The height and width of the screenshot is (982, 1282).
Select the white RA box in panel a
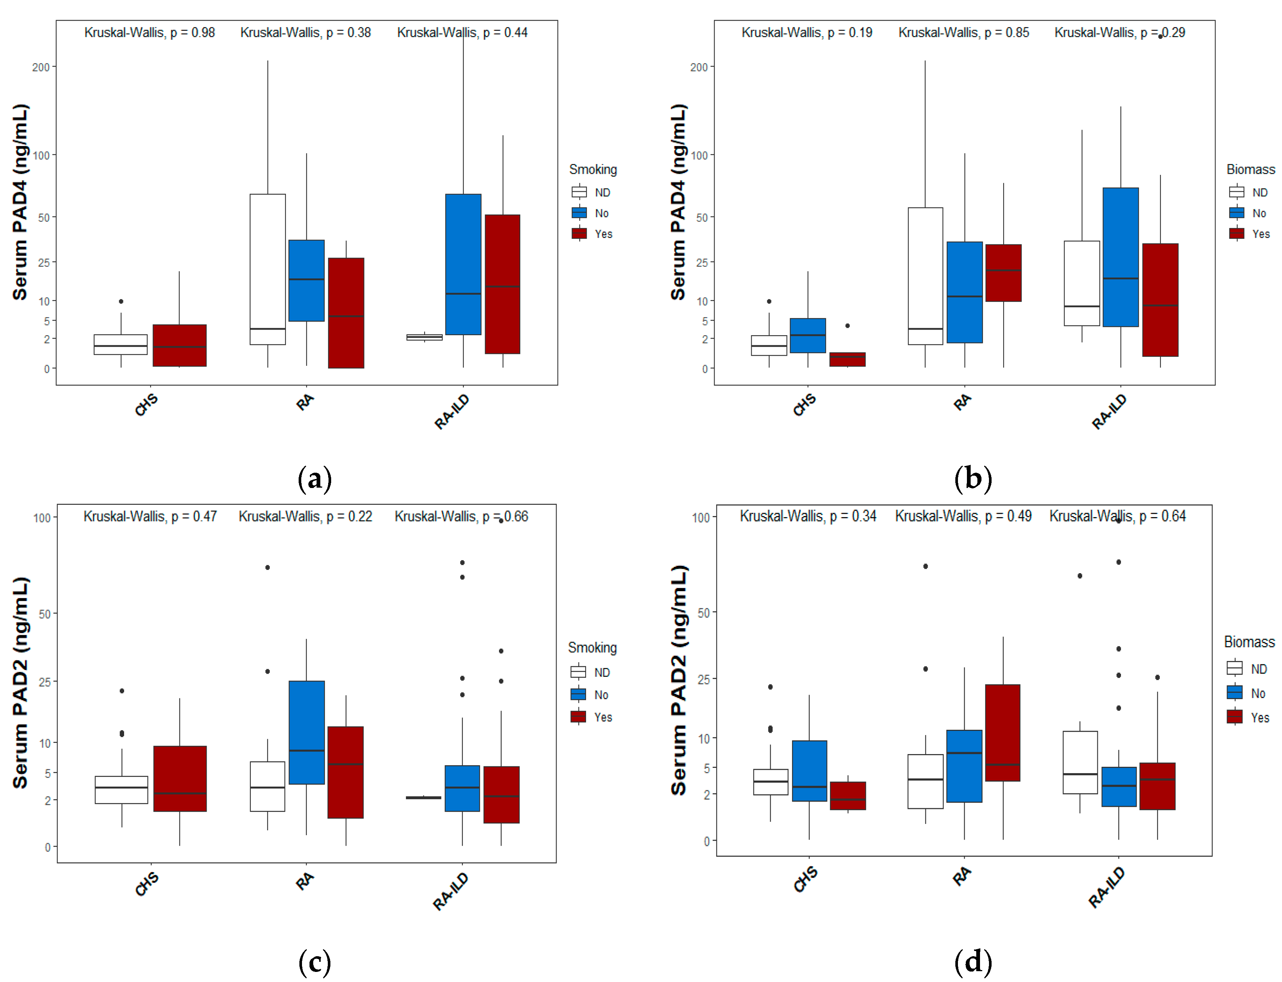(268, 269)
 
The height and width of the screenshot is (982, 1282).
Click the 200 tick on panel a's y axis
(41, 67)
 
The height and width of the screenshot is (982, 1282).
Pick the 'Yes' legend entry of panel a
(603, 234)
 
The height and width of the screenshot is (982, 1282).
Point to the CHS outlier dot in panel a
(121, 302)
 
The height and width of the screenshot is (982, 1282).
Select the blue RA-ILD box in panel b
(1120, 257)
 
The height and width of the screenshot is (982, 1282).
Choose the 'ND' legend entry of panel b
(1259, 192)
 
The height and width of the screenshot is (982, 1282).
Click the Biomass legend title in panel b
(1251, 170)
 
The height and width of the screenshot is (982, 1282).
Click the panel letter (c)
(314, 961)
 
